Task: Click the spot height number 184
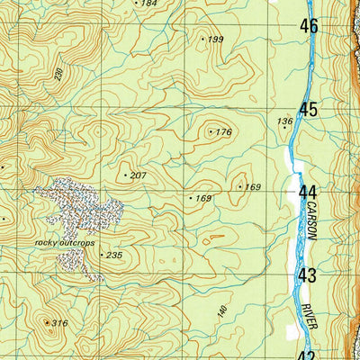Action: tap(149, 4)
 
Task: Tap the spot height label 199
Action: tap(216, 40)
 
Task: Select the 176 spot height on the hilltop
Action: tap(224, 132)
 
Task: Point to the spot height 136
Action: tap(285, 121)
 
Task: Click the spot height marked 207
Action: tap(138, 174)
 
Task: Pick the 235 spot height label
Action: tap(113, 256)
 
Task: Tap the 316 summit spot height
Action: tap(59, 323)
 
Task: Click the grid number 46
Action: tap(309, 27)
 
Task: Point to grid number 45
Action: tap(309, 110)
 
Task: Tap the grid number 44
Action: tap(309, 193)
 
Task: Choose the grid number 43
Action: tap(309, 275)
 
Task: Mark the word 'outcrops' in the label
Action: tap(78, 242)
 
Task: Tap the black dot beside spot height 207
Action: tap(125, 174)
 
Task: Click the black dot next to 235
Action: tap(101, 256)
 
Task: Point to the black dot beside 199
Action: tap(202, 39)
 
